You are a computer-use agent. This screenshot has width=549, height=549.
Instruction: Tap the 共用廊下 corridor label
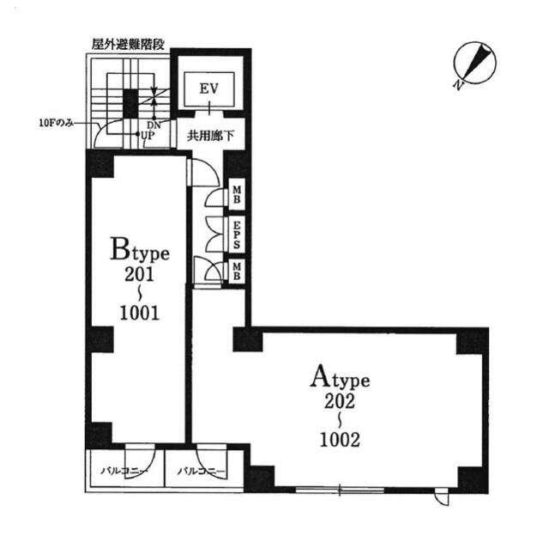(210, 133)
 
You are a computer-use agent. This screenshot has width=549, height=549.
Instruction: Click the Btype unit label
(140, 251)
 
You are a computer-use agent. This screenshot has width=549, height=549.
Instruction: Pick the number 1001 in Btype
(139, 312)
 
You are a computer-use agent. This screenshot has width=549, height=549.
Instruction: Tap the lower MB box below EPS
(234, 271)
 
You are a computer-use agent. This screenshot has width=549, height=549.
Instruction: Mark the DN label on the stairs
(154, 125)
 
